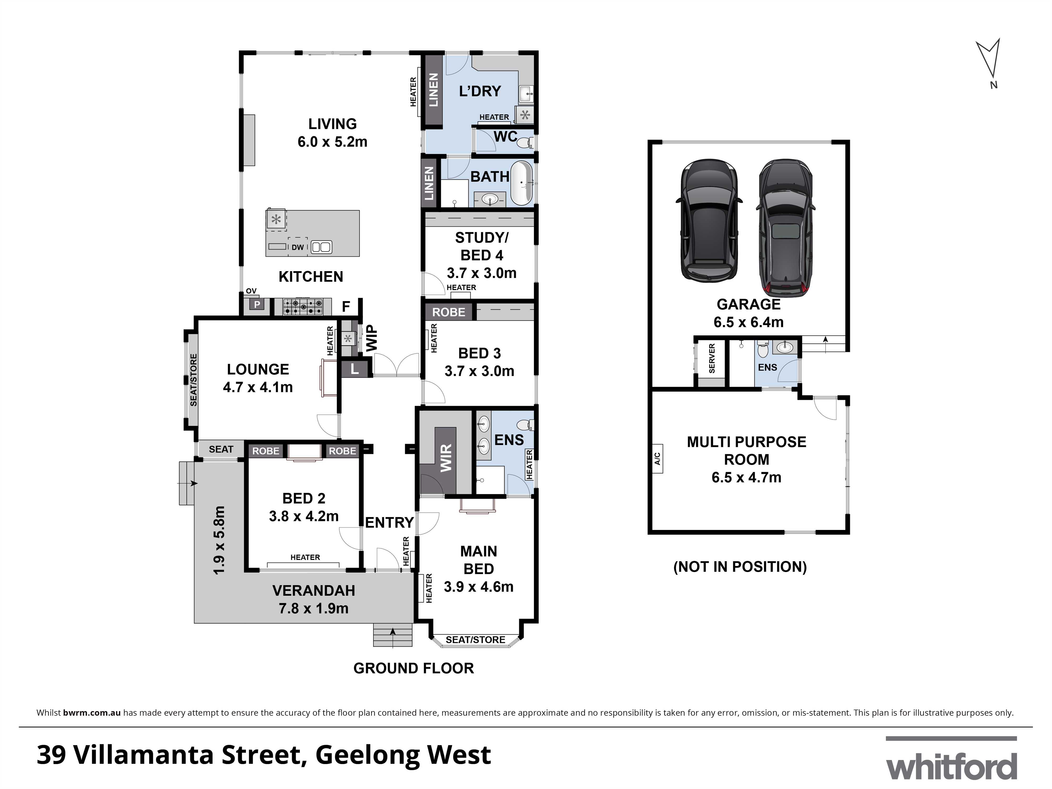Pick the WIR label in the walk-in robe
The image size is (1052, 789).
click(x=446, y=458)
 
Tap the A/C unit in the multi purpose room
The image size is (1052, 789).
click(x=657, y=458)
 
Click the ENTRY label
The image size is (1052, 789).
click(x=389, y=523)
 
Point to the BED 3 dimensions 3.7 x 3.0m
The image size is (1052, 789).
click(x=479, y=371)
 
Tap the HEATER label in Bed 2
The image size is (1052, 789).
click(x=305, y=557)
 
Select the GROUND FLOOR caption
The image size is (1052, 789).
click(x=413, y=668)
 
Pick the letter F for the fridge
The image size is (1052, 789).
click(x=346, y=306)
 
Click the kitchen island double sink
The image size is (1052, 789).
click(x=321, y=247)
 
